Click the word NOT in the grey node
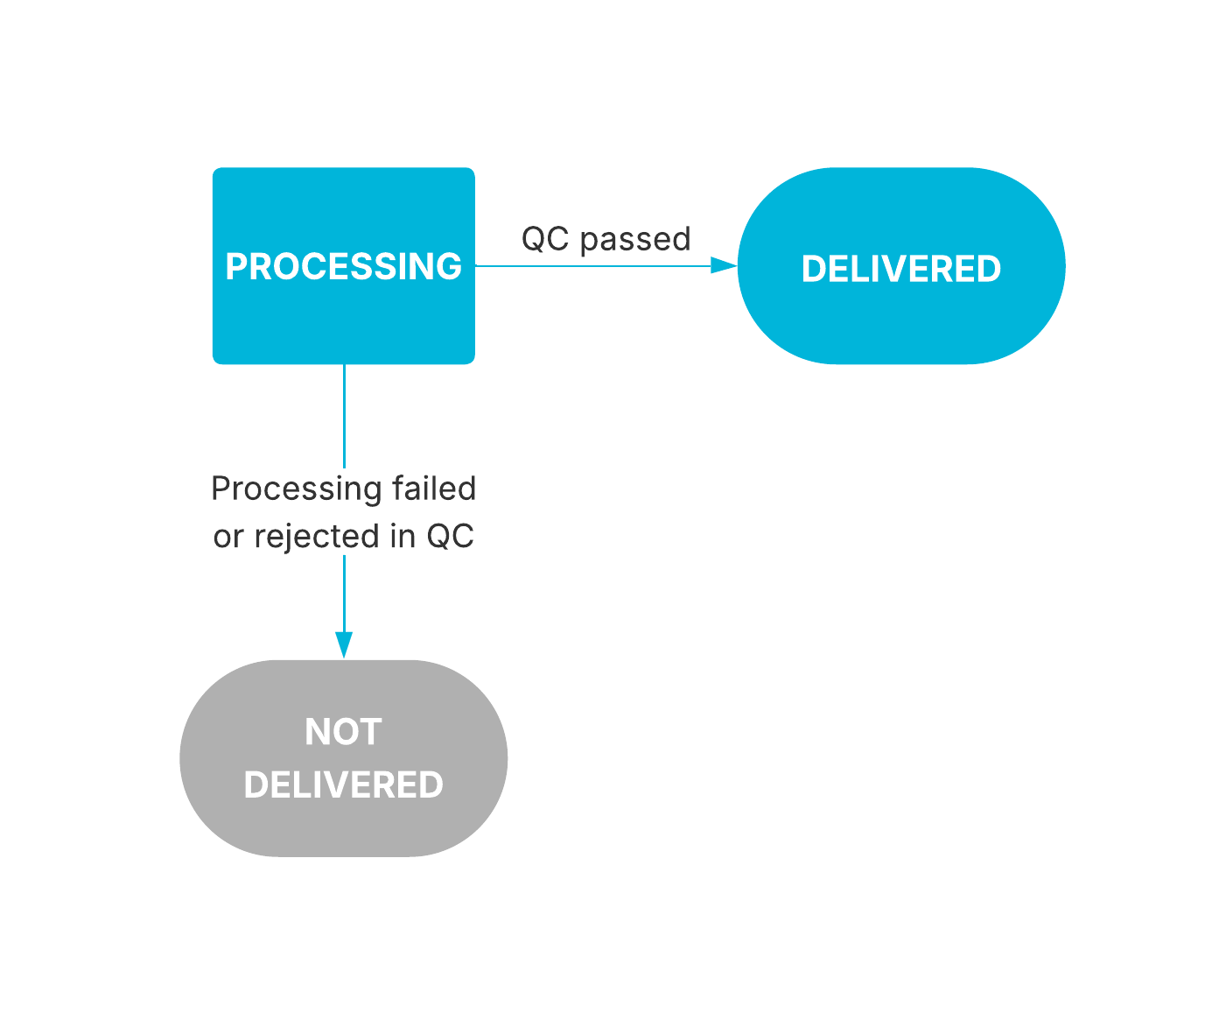pyautogui.click(x=343, y=732)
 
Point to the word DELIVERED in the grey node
pyautogui.click(x=343, y=785)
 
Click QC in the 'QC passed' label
pyautogui.click(x=545, y=239)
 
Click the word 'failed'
pyautogui.click(x=434, y=489)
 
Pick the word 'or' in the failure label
pyautogui.click(x=228, y=537)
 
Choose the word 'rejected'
pyautogui.click(x=317, y=537)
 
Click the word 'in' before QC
pyautogui.click(x=403, y=537)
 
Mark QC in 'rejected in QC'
pyautogui.click(x=450, y=537)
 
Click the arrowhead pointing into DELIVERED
pyautogui.click(x=724, y=265)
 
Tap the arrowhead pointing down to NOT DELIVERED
pyautogui.click(x=344, y=644)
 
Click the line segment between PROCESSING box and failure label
pyautogui.click(x=344, y=416)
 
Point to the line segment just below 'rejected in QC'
pyautogui.click(x=344, y=591)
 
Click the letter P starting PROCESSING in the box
pyautogui.click(x=235, y=267)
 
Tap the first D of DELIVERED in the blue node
pyautogui.click(x=812, y=270)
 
